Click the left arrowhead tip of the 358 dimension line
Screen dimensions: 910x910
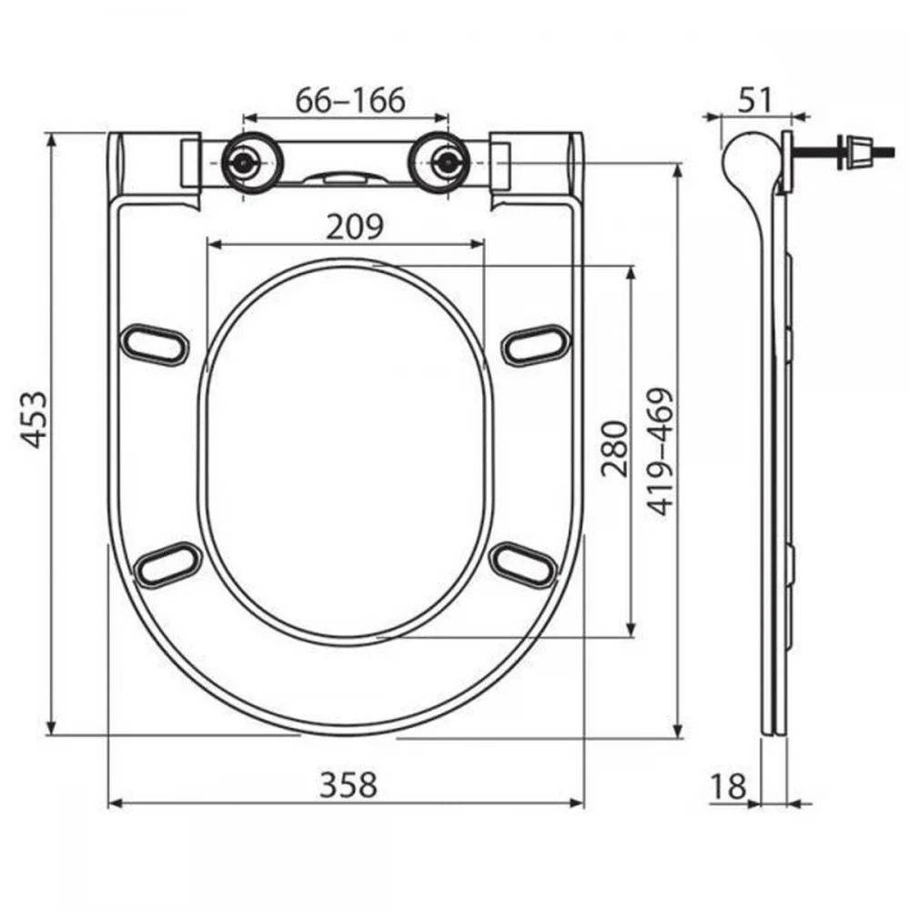109,804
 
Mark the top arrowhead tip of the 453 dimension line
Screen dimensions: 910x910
52,134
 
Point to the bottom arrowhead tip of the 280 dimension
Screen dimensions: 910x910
632,636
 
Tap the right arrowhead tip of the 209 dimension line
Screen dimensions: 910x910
483,245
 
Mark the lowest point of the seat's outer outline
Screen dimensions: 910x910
347,736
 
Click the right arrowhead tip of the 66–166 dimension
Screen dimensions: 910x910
449,118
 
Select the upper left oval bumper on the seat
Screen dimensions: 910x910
155,345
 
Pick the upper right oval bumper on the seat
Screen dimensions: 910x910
536,345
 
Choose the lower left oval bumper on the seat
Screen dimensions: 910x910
167,565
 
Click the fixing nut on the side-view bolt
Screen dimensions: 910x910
853,153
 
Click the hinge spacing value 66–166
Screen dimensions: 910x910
350,100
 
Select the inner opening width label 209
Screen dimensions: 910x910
355,227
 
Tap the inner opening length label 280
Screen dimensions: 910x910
614,450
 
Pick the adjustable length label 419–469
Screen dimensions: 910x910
660,451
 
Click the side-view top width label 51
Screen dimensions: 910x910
755,100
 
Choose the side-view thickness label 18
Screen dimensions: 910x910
728,786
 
